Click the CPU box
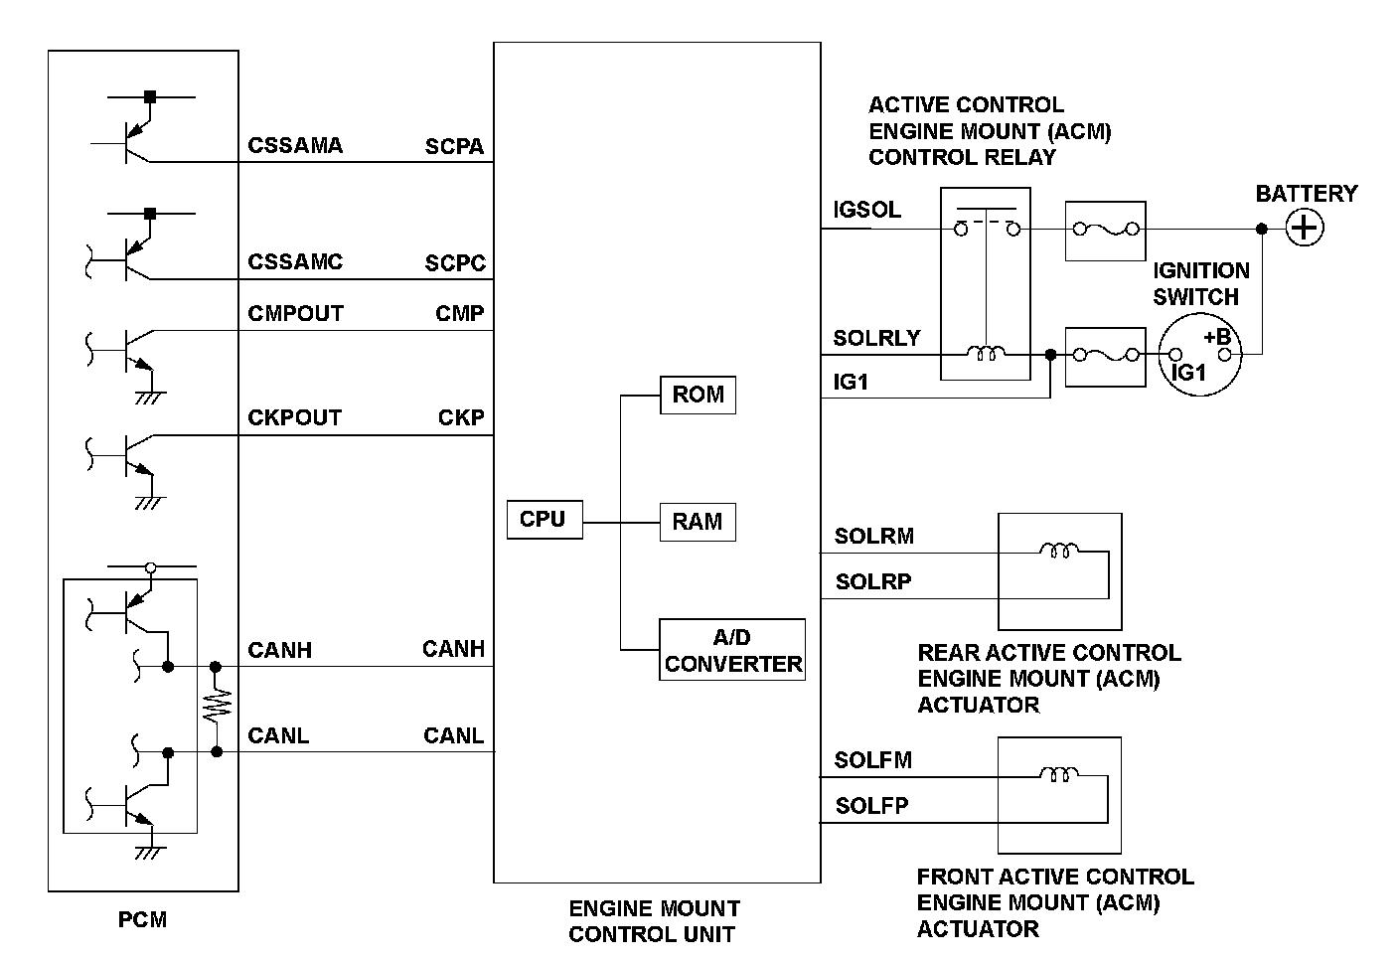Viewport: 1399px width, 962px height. point(543,520)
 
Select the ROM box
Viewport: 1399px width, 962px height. point(698,395)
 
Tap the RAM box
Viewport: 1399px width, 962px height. point(698,522)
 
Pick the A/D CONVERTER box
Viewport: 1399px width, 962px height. point(732,650)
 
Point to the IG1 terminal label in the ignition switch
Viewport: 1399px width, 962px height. point(1188,373)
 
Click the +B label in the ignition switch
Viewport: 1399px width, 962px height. point(1217,337)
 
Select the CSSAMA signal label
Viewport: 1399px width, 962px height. point(295,146)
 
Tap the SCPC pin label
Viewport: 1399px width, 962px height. point(455,263)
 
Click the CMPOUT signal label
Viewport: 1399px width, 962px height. point(295,314)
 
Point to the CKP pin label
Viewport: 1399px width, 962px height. point(461,418)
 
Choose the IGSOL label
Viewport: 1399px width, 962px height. point(866,210)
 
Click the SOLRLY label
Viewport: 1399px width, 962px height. point(876,338)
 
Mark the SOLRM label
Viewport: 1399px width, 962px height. point(873,537)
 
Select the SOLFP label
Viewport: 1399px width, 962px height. point(871,806)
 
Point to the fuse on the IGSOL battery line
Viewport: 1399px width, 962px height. point(1105,231)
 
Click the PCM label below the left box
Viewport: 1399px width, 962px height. point(142,919)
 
